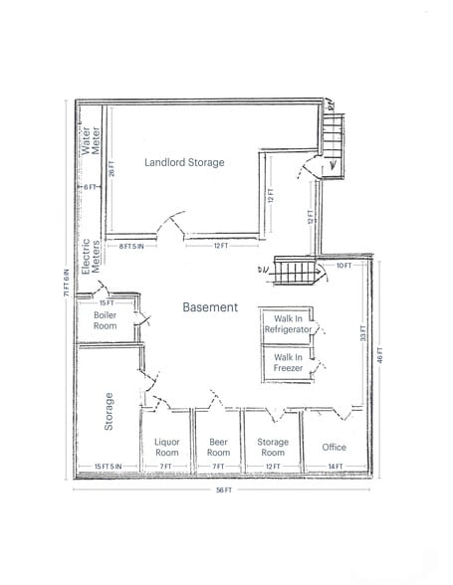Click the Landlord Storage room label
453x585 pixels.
click(x=184, y=162)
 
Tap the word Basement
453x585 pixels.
click(x=210, y=307)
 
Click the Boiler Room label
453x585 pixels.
click(x=105, y=320)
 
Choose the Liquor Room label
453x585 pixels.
click(x=167, y=447)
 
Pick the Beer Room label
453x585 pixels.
click(x=218, y=447)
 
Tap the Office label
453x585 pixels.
click(x=335, y=447)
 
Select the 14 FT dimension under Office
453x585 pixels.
click(x=335, y=466)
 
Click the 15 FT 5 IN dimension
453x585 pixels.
click(x=108, y=466)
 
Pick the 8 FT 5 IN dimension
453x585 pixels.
click(x=131, y=246)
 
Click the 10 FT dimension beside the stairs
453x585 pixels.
click(x=344, y=266)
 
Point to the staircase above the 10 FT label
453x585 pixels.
click(x=296, y=270)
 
